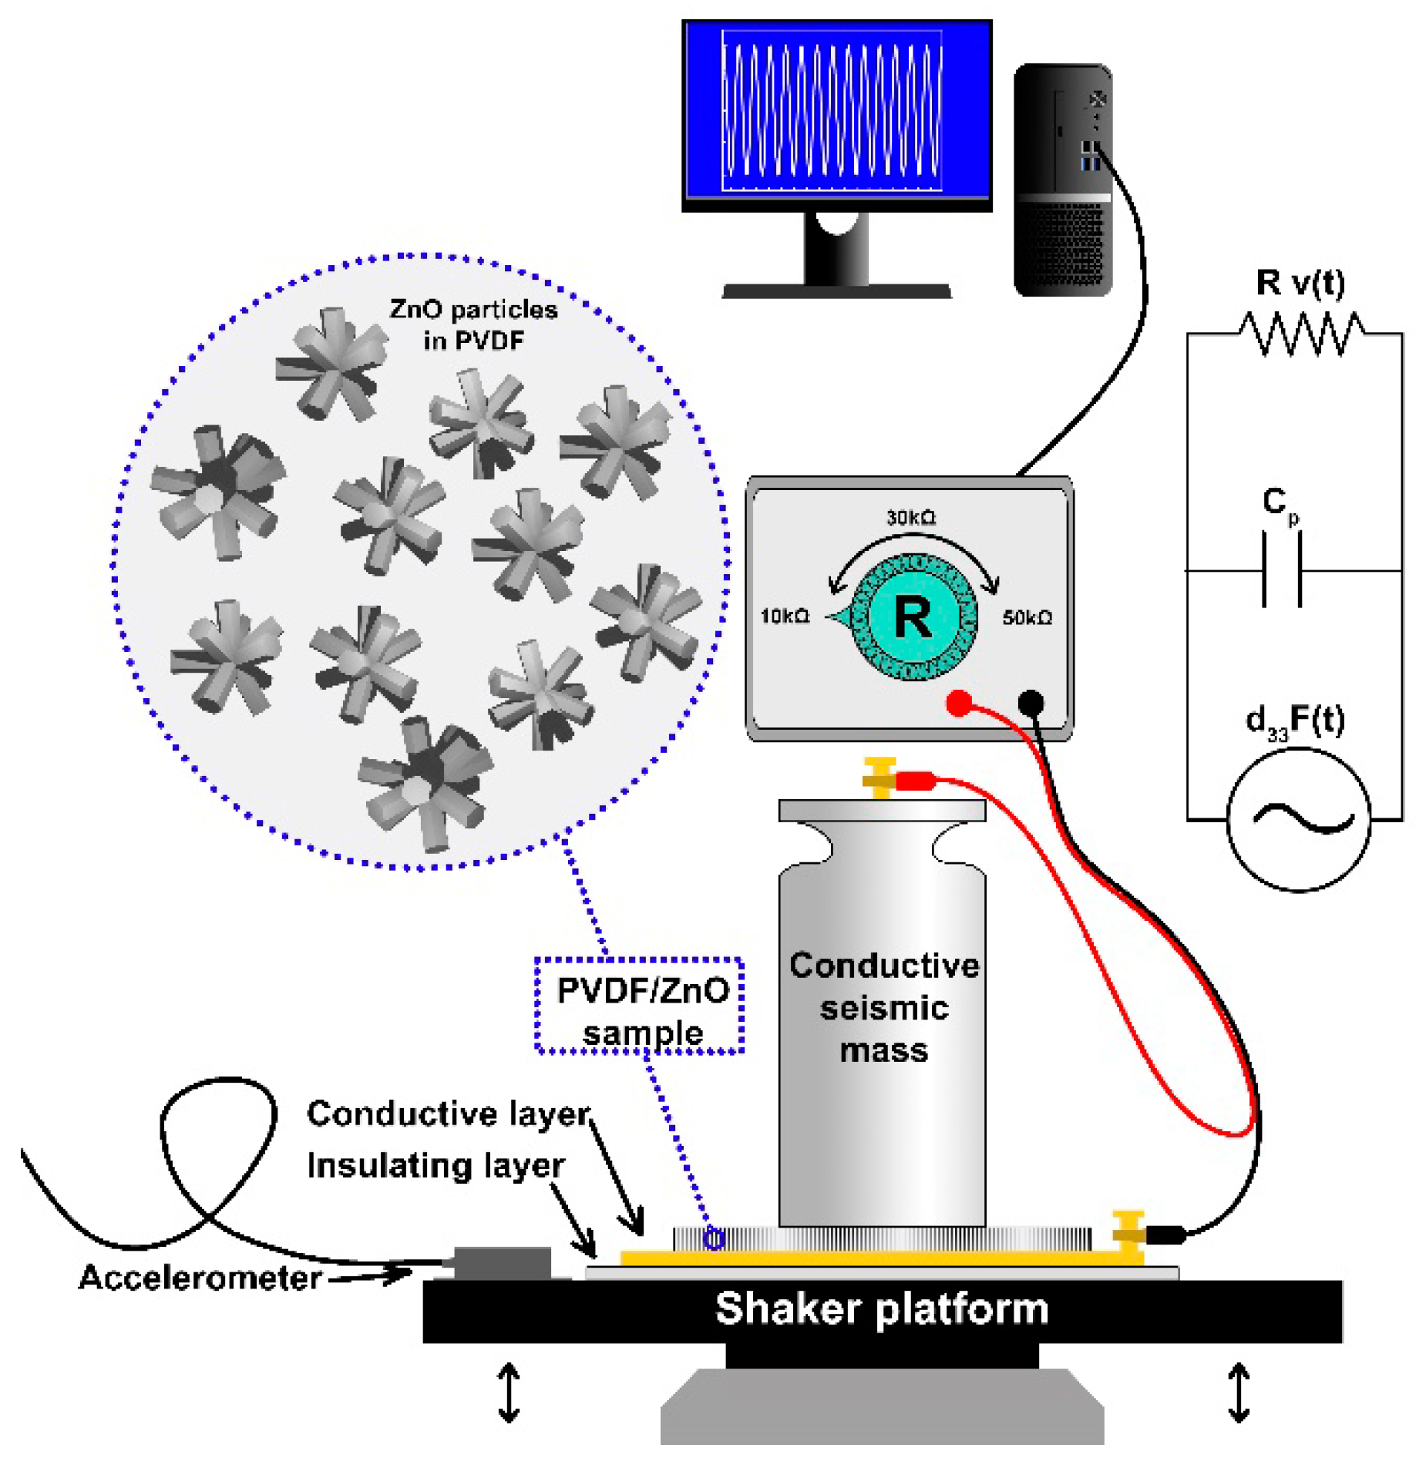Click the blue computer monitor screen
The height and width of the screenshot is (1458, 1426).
(836, 113)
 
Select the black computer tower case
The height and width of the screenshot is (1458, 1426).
(1061, 180)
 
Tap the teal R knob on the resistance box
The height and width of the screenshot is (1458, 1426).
(913, 616)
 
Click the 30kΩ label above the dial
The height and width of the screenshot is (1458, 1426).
(910, 517)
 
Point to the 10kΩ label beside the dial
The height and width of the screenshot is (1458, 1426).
(784, 616)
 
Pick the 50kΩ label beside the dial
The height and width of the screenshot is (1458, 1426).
(1026, 617)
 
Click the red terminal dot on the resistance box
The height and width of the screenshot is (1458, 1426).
(958, 703)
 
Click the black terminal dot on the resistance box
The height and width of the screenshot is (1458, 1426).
(1031, 702)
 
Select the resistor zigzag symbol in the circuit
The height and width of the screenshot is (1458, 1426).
(1300, 333)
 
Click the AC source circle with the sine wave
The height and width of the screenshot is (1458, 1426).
(1298, 820)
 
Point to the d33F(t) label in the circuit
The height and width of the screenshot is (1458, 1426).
(1294, 721)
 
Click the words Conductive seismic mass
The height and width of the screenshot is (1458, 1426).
(883, 1007)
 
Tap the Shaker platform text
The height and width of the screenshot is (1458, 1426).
(881, 1308)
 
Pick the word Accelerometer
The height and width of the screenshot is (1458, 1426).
(200, 1277)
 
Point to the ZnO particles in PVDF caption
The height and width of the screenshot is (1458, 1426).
(473, 324)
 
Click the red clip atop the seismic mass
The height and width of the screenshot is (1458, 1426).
(914, 781)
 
